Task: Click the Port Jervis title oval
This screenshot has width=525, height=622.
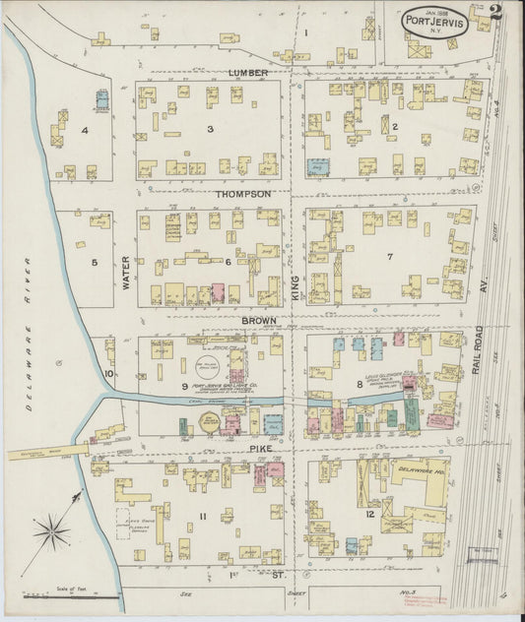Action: point(434,21)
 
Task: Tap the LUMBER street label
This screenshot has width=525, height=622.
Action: point(248,73)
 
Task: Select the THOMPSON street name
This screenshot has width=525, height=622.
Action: point(243,195)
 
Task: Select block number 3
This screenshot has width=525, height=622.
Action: point(209,129)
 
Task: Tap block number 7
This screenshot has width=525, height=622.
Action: point(390,257)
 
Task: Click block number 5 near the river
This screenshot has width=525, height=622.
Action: point(95,262)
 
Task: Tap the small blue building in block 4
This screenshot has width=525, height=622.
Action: point(101,99)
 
